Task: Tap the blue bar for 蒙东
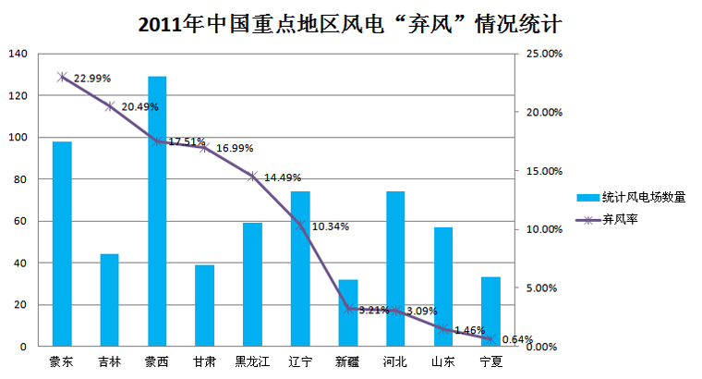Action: (62, 244)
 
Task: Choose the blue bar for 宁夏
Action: (490, 312)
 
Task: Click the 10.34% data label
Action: (331, 226)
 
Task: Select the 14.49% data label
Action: (283, 177)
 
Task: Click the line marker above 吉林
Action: (110, 106)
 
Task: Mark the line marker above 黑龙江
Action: (253, 176)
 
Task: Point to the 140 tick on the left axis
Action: (18, 54)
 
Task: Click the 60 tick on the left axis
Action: (20, 221)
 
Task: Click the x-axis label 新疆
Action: (348, 361)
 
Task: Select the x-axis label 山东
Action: (443, 361)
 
